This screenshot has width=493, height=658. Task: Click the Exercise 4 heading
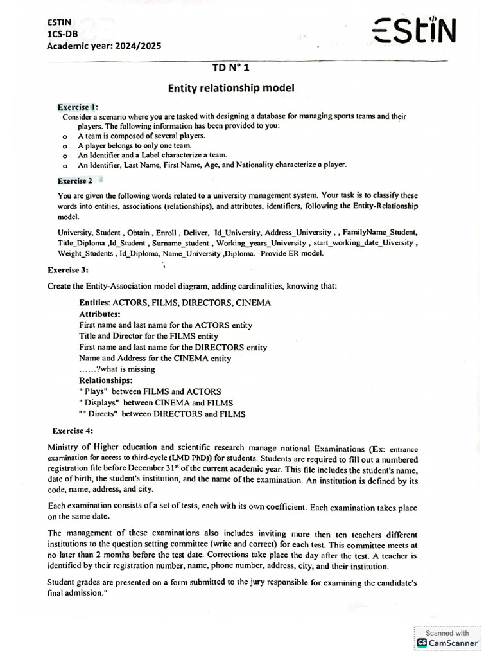(74, 431)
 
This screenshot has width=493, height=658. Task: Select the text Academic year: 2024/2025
(105, 46)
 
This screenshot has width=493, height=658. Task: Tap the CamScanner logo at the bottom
(447, 642)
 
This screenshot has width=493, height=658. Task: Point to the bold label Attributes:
(99, 314)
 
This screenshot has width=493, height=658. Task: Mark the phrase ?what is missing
(125, 369)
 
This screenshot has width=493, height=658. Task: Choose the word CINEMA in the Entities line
(253, 303)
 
